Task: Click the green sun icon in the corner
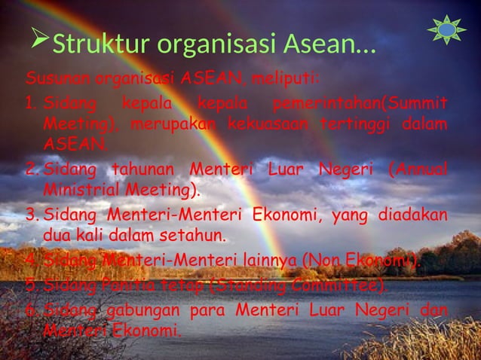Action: pos(447,29)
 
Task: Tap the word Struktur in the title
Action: pos(90,44)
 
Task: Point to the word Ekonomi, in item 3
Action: pos(276,215)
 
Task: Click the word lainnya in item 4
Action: pos(271,261)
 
